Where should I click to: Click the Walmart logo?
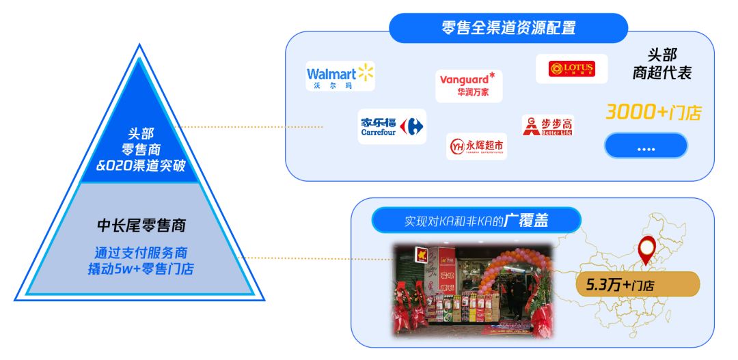pyautogui.click(x=340, y=77)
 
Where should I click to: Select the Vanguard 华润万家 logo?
pyautogui.click(x=469, y=86)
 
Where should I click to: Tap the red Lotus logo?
pyautogui.click(x=571, y=69)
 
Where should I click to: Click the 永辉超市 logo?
pyautogui.click(x=476, y=146)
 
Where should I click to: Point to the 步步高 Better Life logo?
pyautogui.click(x=547, y=126)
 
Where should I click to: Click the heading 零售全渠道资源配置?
pyautogui.click(x=508, y=28)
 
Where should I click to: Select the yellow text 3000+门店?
pyautogui.click(x=653, y=112)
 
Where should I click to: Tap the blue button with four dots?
pyautogui.click(x=645, y=146)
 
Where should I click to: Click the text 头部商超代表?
pyautogui.click(x=661, y=64)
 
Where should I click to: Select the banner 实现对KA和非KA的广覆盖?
pyautogui.click(x=476, y=221)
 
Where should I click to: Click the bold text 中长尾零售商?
pyautogui.click(x=141, y=225)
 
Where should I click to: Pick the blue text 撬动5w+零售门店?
pyautogui.click(x=141, y=268)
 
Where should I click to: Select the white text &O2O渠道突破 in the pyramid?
pyautogui.click(x=141, y=164)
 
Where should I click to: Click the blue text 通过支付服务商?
pyautogui.click(x=141, y=251)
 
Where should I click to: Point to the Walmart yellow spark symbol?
pyautogui.click(x=366, y=72)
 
